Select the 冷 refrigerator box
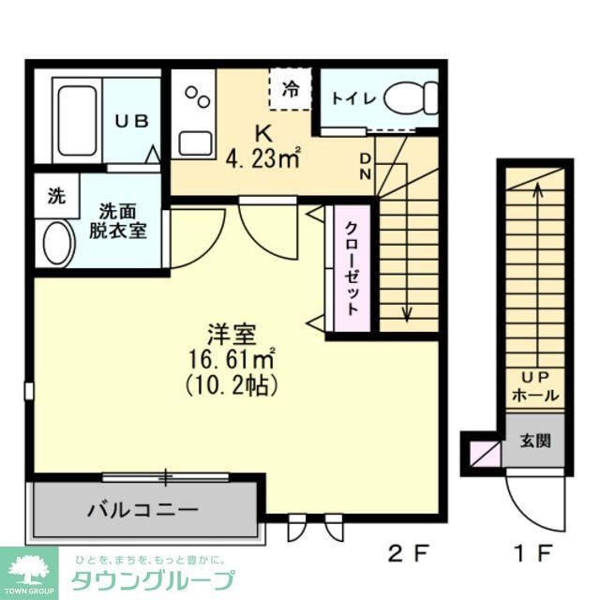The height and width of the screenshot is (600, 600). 291,89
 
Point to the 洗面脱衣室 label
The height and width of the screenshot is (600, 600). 123,221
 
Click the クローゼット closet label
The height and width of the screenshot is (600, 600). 351,266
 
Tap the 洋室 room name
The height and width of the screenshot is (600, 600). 232,334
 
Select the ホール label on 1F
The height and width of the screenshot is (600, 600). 535,396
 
